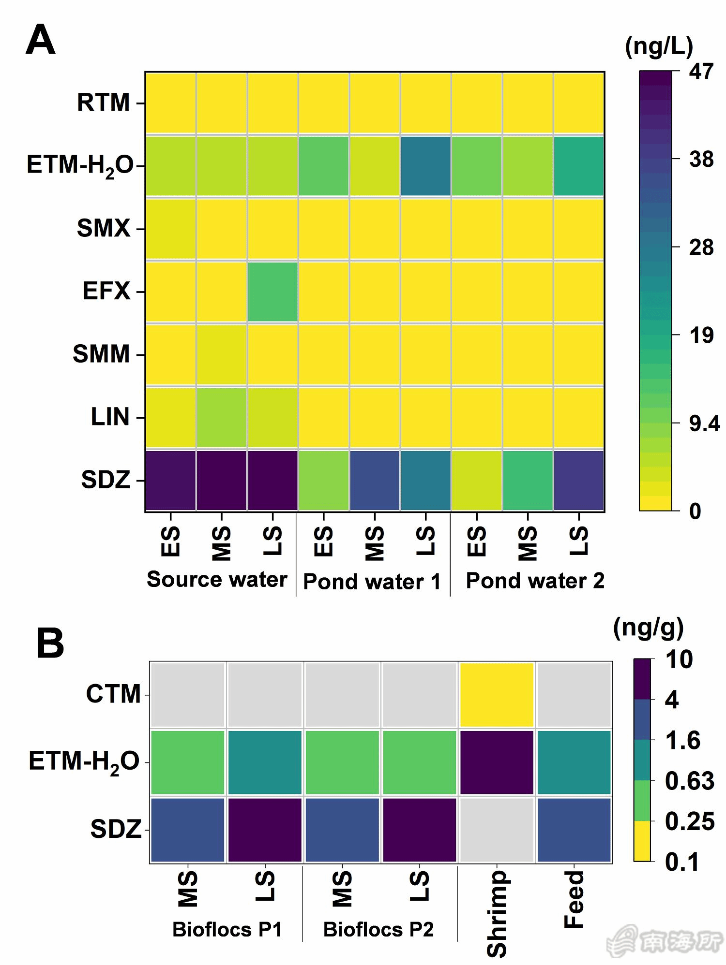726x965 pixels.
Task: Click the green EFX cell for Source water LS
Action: pyautogui.click(x=272, y=292)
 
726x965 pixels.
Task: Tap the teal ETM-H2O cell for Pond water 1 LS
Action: pyautogui.click(x=425, y=166)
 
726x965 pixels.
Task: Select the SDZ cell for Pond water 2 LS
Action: pyautogui.click(x=579, y=480)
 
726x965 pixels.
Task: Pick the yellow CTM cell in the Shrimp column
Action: pyautogui.click(x=497, y=694)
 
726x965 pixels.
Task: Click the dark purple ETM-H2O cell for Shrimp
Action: pyautogui.click(x=497, y=762)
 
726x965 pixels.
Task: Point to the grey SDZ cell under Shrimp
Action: pyautogui.click(x=497, y=830)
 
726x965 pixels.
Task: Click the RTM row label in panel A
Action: pyautogui.click(x=104, y=102)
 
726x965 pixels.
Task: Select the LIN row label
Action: pyautogui.click(x=110, y=417)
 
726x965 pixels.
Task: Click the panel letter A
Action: pyautogui.click(x=40, y=40)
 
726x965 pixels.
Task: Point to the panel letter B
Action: pyautogui.click(x=50, y=643)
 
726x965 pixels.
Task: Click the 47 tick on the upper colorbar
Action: pyautogui.click(x=701, y=72)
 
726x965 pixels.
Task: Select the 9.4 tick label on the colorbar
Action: pyautogui.click(x=704, y=424)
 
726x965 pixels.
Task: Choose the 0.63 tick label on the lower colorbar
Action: pyautogui.click(x=689, y=781)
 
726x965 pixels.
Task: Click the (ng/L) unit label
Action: pyautogui.click(x=659, y=47)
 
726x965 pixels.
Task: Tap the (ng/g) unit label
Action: pyautogui.click(x=648, y=628)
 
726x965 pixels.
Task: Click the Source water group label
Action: pyautogui.click(x=217, y=579)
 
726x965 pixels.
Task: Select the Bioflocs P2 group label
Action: pyautogui.click(x=378, y=929)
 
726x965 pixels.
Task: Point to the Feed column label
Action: pyautogui.click(x=575, y=899)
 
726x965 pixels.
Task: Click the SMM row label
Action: pyautogui.click(x=102, y=354)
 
